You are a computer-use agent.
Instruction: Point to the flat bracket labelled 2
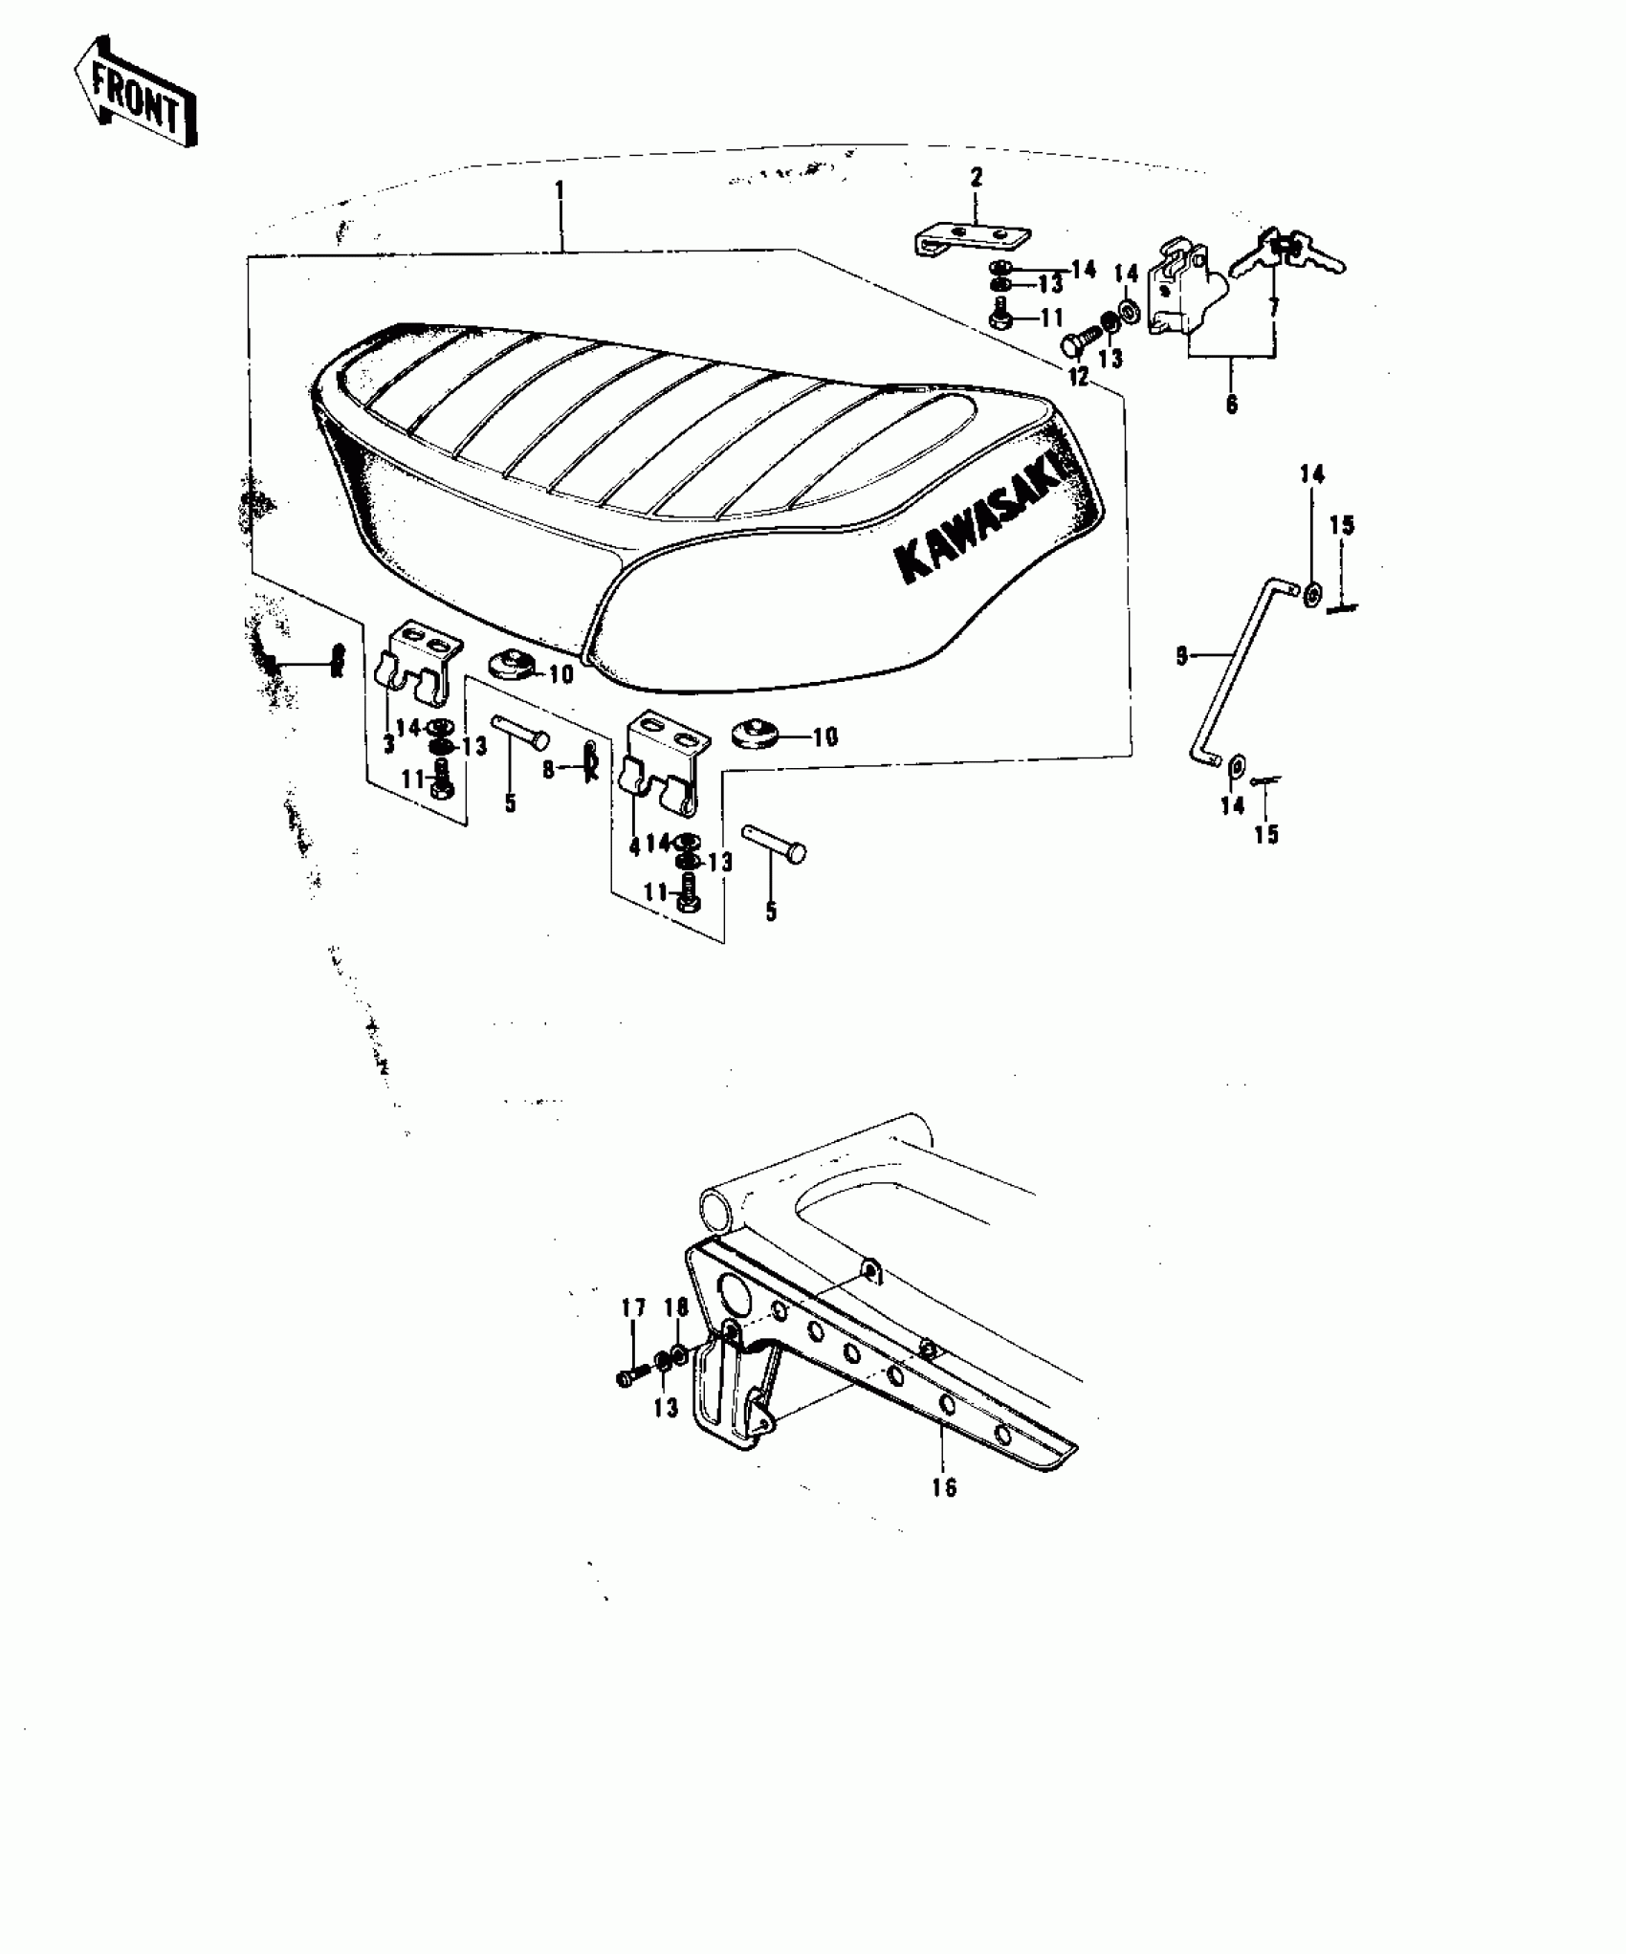coord(972,237)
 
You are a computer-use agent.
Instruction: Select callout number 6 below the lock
coord(1231,404)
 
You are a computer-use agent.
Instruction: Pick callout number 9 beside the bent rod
coord(1182,656)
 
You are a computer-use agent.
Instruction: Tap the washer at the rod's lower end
coord(1236,764)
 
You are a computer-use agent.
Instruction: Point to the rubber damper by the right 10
coord(756,735)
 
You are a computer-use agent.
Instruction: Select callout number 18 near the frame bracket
coord(676,1307)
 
